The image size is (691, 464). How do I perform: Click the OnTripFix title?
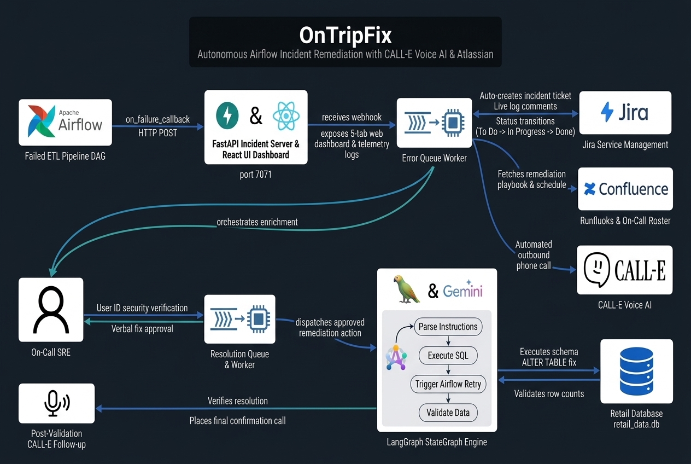(345, 35)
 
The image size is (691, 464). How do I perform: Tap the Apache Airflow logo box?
(65, 122)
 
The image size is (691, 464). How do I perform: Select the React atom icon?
(286, 116)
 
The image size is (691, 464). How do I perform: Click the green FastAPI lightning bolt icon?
(227, 115)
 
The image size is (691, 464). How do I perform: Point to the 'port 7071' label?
(255, 175)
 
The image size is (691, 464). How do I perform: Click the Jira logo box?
(625, 112)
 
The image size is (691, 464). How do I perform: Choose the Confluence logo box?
(625, 189)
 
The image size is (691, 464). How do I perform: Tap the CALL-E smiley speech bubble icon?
(596, 270)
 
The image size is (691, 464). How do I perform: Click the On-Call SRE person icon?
(51, 310)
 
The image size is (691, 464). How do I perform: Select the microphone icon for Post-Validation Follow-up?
(57, 403)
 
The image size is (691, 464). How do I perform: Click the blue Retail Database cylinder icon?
(636, 371)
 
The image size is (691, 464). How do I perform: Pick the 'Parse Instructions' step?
(448, 327)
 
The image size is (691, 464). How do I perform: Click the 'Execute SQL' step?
(448, 355)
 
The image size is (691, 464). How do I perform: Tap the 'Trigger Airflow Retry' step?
(448, 384)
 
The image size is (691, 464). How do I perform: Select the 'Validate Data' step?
(448, 413)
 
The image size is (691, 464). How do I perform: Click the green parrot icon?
(407, 289)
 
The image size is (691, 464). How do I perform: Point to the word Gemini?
(462, 291)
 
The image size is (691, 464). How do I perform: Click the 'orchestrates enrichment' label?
(257, 222)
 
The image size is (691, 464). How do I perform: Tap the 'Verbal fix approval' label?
(142, 329)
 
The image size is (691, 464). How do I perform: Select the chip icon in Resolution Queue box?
(259, 319)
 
